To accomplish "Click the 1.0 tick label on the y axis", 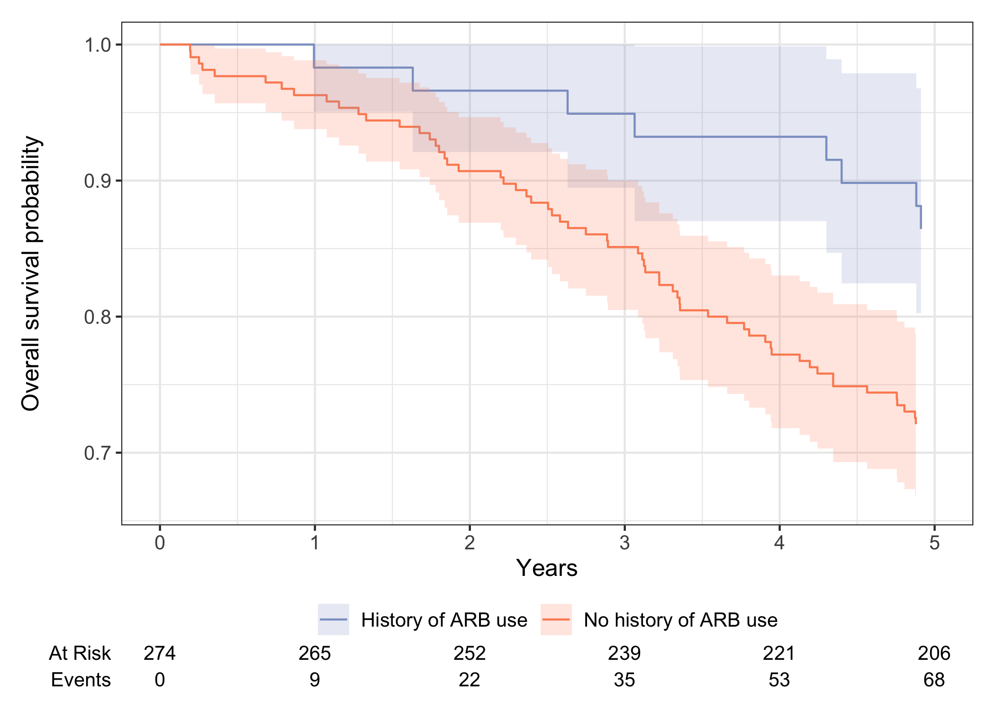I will (97, 46).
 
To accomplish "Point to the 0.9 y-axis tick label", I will (97, 182).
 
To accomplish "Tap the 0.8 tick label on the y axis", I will (97, 317).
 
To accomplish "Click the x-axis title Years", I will (547, 568).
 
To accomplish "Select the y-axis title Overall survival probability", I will (31, 273).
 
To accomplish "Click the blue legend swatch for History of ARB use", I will (334, 620).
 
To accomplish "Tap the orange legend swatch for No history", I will (556, 620).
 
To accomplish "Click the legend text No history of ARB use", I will (680, 620).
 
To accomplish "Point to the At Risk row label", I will (80, 654).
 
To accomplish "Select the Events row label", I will (81, 680).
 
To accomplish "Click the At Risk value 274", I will (160, 654).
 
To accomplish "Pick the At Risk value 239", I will (624, 654).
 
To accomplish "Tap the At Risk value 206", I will (934, 654).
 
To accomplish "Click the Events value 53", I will (779, 680).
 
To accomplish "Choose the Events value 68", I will (934, 680).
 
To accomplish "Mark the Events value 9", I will (315, 680).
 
